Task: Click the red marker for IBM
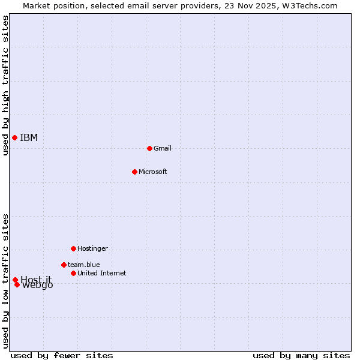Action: (14, 138)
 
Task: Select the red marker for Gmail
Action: (149, 148)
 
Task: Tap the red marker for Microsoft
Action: (134, 172)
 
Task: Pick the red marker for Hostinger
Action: (73, 248)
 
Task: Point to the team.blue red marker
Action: (64, 265)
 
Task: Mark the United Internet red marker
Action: (73, 273)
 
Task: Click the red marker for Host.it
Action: (15, 280)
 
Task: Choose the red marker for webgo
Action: (17, 284)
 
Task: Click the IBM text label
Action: (29, 138)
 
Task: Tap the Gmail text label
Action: (163, 148)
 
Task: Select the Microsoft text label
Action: (153, 172)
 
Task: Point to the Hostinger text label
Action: (93, 248)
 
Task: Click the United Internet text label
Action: (102, 273)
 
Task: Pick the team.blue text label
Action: (84, 265)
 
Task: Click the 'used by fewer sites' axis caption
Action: (62, 355)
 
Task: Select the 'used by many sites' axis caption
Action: (301, 355)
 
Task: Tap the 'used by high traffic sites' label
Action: (5, 85)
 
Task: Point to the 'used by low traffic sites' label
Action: (5, 281)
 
